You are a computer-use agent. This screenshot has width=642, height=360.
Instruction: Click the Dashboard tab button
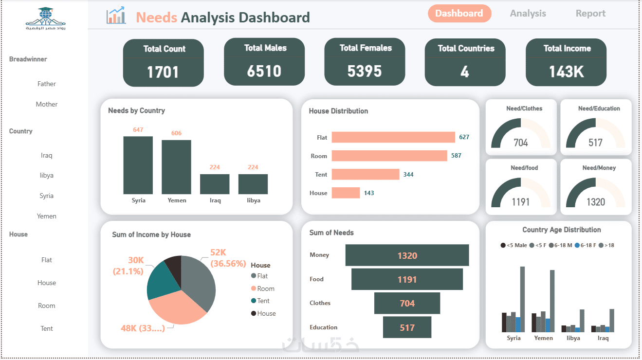[459, 14]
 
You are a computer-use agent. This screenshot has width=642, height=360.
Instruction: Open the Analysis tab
[528, 14]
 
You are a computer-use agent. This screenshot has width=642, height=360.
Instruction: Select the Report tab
[590, 14]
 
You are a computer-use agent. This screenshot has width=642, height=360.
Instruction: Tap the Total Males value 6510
[264, 71]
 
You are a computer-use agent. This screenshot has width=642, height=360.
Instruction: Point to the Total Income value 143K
[566, 72]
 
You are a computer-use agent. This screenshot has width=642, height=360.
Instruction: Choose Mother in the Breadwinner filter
[47, 104]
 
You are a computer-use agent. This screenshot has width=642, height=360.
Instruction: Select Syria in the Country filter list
[46, 196]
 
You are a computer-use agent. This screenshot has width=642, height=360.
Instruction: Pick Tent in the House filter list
[46, 328]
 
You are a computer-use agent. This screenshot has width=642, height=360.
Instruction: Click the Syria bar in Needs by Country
[138, 165]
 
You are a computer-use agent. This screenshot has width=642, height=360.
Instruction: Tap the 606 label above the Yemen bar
[176, 133]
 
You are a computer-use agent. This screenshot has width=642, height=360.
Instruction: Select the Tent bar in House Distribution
[366, 174]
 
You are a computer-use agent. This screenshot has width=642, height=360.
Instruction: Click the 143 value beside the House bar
[369, 193]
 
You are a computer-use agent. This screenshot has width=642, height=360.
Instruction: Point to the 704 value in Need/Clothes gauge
[521, 143]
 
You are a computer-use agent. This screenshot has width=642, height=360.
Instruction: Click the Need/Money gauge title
[599, 168]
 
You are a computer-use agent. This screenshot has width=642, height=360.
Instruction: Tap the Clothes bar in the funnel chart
[407, 303]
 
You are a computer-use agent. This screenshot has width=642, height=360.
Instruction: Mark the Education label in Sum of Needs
[323, 327]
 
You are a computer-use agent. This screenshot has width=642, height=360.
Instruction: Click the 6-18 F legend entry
[586, 246]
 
